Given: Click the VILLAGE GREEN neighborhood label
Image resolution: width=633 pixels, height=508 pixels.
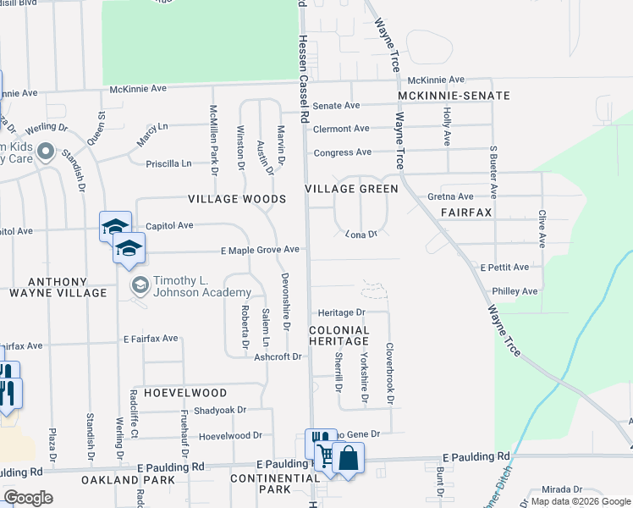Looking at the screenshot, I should (x=351, y=189).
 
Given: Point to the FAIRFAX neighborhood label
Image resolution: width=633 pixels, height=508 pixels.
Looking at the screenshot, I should (x=465, y=212).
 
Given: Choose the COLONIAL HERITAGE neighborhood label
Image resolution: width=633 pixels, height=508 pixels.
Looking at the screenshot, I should (x=339, y=334).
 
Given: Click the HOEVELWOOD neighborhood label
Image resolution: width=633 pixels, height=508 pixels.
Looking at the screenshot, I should (x=185, y=393).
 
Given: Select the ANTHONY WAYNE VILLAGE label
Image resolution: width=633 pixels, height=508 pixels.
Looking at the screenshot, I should (x=57, y=287).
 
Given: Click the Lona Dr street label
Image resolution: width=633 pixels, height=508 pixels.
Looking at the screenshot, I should (x=361, y=233).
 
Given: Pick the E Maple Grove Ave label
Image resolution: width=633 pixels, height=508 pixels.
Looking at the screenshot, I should (x=261, y=250).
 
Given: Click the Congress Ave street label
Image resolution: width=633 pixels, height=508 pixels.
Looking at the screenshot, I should (x=342, y=152).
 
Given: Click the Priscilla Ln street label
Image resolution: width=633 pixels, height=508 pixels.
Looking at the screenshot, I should (x=169, y=164).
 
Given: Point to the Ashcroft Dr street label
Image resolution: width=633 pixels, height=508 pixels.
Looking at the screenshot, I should (x=278, y=357).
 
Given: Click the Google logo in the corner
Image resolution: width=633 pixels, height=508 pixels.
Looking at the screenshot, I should (x=28, y=498).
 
